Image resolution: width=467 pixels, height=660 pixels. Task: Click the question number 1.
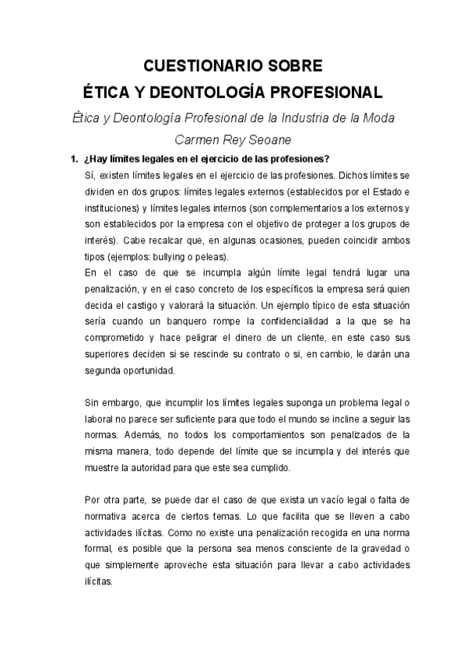pyautogui.click(x=73, y=160)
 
